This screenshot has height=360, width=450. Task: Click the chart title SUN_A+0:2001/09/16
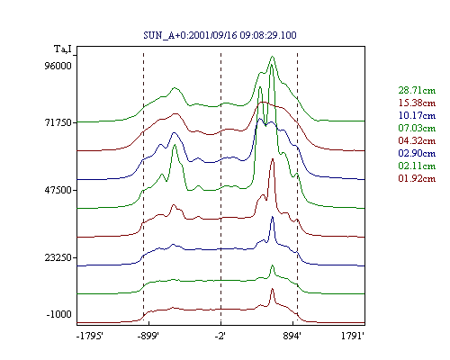[191, 35]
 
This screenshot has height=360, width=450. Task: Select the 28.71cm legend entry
[417, 90]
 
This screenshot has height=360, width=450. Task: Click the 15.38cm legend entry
[417, 103]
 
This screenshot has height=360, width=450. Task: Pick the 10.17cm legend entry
[417, 115]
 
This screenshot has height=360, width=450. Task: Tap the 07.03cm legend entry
[417, 128]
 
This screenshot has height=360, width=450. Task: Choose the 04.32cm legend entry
[417, 140]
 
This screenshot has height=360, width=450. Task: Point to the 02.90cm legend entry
[417, 153]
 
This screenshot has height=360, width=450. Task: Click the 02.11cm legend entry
[417, 166]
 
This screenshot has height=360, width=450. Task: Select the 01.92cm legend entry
[417, 178]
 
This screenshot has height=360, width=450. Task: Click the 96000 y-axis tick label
[58, 66]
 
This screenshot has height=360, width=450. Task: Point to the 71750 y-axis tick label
[58, 122]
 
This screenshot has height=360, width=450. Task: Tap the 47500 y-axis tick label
[58, 190]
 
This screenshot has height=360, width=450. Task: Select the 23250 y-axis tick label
[58, 257]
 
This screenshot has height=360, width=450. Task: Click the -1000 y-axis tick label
[59, 314]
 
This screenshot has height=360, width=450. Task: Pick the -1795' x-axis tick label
[90, 336]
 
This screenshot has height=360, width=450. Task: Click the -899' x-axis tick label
[148, 336]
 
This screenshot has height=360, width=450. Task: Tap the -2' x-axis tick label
[220, 336]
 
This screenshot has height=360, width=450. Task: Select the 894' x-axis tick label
[292, 336]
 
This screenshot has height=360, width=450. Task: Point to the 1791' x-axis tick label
[353, 336]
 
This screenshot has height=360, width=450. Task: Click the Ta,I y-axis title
[63, 49]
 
